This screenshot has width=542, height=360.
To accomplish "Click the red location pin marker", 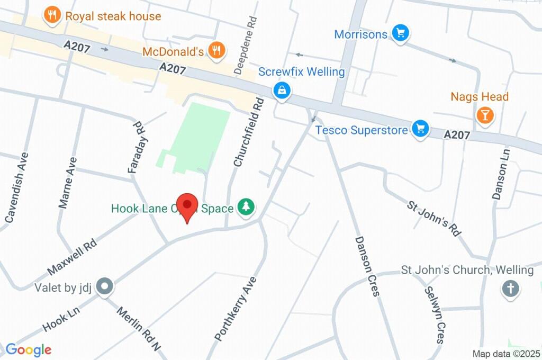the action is click(x=187, y=205).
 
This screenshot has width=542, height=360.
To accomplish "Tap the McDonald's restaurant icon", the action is click(x=216, y=51).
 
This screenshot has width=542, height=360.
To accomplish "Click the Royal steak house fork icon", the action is click(x=51, y=16).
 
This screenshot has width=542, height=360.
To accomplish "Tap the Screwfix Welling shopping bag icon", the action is click(x=282, y=91).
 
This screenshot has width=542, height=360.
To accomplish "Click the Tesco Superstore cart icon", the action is click(x=420, y=129).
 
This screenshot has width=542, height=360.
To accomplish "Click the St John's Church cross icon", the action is click(x=510, y=289).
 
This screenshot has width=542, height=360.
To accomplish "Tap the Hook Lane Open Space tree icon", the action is click(x=246, y=207).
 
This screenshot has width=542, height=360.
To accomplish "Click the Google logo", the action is click(x=28, y=349).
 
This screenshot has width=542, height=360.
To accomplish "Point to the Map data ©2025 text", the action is click(x=505, y=354).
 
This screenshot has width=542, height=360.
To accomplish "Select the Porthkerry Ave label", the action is click(x=236, y=309).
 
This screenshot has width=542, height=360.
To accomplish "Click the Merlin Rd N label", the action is click(x=138, y=329).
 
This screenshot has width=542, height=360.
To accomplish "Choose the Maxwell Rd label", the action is click(x=72, y=257).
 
